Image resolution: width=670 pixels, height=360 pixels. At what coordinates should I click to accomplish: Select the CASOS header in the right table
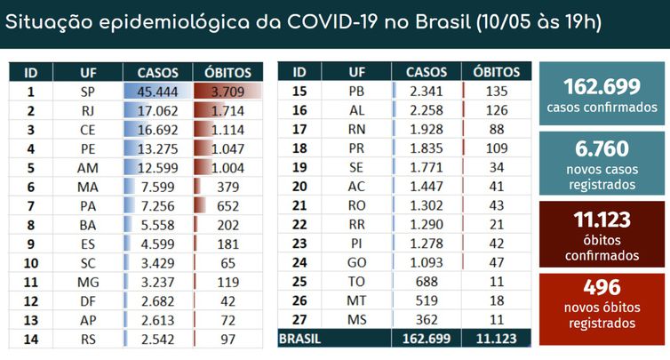pyautogui.click(x=427, y=72)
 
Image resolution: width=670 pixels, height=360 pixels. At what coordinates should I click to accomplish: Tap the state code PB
pyautogui.click(x=356, y=91)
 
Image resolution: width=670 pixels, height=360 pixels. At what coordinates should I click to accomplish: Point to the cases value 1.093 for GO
pyautogui.click(x=427, y=262)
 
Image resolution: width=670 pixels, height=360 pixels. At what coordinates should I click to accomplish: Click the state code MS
pyautogui.click(x=356, y=319)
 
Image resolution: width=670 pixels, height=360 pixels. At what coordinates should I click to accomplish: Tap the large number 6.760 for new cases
pyautogui.click(x=602, y=148)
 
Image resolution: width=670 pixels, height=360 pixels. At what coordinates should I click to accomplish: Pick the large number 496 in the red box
pyautogui.click(x=602, y=287)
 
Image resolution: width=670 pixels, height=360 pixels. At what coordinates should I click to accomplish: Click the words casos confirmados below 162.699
pyautogui.click(x=602, y=108)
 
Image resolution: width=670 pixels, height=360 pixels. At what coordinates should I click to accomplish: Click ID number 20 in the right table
pyautogui.click(x=299, y=187)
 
